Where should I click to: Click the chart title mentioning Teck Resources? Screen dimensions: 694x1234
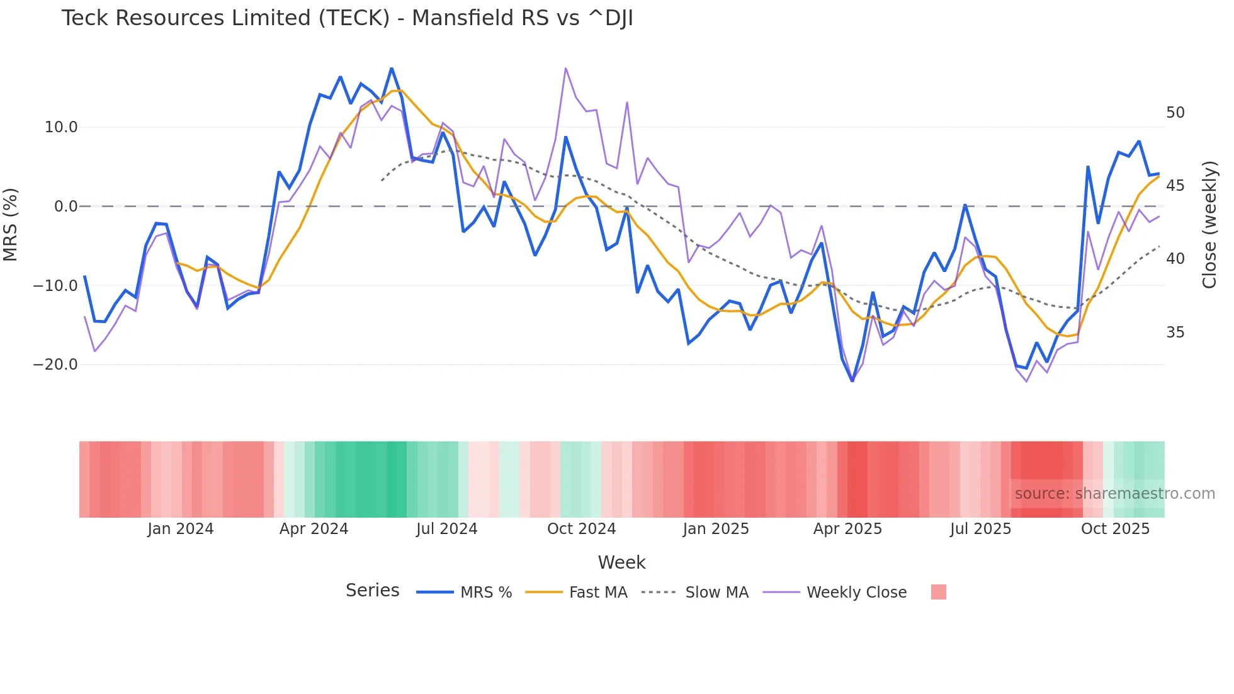coord(347,18)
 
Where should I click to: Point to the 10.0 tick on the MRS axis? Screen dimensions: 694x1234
coord(61,127)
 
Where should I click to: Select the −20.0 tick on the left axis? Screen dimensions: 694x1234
coord(55,365)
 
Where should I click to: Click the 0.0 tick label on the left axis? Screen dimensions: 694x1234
coord(65,207)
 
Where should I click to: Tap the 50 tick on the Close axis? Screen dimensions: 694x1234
coord(1175,113)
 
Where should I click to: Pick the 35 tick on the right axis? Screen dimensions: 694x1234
coord(1175,333)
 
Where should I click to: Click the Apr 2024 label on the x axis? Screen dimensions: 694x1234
coord(314,529)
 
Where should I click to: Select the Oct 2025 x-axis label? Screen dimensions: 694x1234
coord(1115,529)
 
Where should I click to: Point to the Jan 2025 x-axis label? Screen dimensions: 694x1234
coord(716,529)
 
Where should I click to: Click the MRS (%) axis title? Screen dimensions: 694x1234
coord(11,224)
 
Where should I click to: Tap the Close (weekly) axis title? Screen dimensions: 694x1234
coord(1209,224)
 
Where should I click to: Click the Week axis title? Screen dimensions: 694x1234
coord(621,562)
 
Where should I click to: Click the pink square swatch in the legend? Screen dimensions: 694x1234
coord(938,592)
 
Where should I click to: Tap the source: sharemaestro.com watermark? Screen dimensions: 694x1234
coord(1114,494)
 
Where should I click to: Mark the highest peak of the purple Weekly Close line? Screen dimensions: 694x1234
coord(565,68)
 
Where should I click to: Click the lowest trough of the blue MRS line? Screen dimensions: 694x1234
coord(852,381)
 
